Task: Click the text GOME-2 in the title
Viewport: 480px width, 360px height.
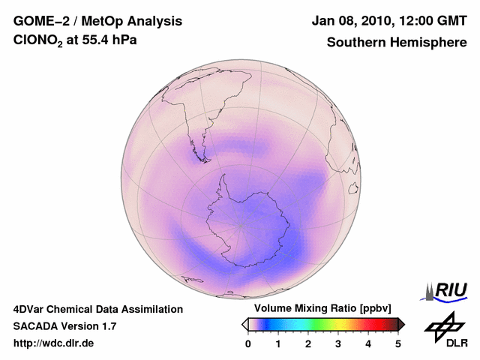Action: pos(40,22)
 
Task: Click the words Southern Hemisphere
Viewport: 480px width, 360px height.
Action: pos(396,42)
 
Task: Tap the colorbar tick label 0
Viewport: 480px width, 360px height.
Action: pos(248,343)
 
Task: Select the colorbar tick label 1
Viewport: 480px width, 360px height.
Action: pos(278,343)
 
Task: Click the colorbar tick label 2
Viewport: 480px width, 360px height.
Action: pos(308,343)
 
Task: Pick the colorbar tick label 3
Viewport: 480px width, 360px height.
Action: pos(338,343)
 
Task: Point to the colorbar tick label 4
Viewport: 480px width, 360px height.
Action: pos(368,343)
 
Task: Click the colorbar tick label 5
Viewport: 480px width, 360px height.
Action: pos(398,343)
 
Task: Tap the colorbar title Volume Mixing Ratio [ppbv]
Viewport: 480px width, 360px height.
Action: pos(319,309)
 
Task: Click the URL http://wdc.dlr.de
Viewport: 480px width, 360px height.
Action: pos(54,343)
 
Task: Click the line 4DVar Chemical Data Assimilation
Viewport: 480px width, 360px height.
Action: pos(97,309)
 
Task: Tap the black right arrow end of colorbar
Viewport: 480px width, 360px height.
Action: pos(401,324)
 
